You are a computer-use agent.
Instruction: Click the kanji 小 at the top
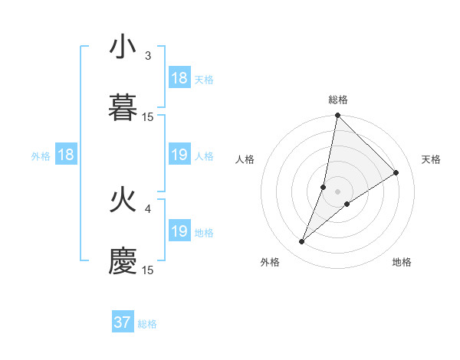[122, 47]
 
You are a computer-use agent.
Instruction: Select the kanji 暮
[122, 107]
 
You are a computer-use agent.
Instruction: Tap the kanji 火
[122, 201]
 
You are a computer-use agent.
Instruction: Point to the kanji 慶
[122, 261]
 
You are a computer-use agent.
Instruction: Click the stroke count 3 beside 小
[148, 55]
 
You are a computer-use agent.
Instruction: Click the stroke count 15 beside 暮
[148, 116]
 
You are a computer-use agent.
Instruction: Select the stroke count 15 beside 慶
[148, 270]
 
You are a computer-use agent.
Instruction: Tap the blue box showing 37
[123, 322]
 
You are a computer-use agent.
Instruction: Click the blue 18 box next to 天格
[179, 77]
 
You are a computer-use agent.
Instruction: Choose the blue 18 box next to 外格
[66, 155]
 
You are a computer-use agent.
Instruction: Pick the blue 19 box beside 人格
[179, 155]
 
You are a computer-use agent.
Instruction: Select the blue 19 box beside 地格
[179, 231]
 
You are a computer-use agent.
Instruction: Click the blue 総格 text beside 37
[147, 324]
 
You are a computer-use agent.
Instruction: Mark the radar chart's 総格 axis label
[338, 100]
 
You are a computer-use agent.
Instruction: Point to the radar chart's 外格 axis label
[270, 262]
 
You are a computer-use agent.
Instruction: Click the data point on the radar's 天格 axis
[396, 173]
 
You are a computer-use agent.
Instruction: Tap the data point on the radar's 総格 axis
[337, 116]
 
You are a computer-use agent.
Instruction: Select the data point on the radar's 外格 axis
[302, 242]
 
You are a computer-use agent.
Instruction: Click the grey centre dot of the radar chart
[337, 191]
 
